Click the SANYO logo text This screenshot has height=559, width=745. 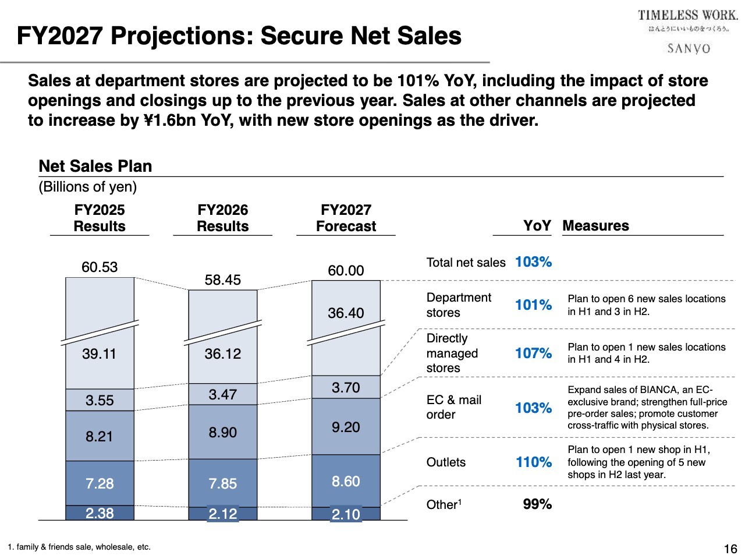click(x=689, y=48)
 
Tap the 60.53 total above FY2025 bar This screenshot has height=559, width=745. click(x=100, y=267)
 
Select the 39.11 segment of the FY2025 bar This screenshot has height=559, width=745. click(x=100, y=354)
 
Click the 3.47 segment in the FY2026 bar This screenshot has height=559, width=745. click(x=222, y=395)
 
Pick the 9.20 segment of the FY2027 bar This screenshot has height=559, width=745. click(x=346, y=427)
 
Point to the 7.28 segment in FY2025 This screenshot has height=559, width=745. click(x=100, y=483)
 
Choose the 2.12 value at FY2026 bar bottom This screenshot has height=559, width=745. click(x=222, y=514)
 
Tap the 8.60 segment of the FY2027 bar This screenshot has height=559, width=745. click(x=346, y=482)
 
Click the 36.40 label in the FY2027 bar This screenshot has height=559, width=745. click(x=346, y=313)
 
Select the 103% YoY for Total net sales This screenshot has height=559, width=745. click(x=533, y=262)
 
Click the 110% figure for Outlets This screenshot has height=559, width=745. click(x=533, y=462)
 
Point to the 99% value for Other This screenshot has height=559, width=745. click(x=537, y=504)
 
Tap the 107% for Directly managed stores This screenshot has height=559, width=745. click(x=533, y=353)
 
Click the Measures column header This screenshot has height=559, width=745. click(x=595, y=226)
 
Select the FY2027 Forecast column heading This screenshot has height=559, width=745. click(x=346, y=218)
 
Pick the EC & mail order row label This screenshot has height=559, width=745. click(x=453, y=407)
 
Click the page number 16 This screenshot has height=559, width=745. click(x=730, y=549)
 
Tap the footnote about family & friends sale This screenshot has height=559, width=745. click(x=79, y=547)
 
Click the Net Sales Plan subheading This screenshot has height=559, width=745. click(x=95, y=167)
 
